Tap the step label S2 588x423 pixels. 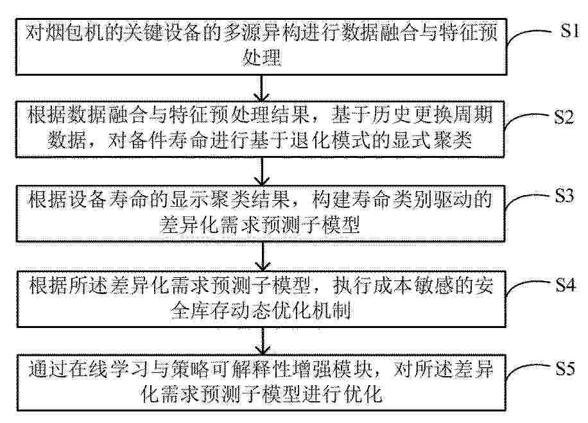(564, 117)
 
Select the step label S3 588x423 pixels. (564, 196)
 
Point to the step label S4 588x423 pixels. (565, 285)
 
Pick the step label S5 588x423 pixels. (565, 368)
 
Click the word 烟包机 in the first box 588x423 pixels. (66, 32)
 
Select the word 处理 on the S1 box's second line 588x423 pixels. (261, 58)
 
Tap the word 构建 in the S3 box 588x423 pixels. (331, 199)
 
